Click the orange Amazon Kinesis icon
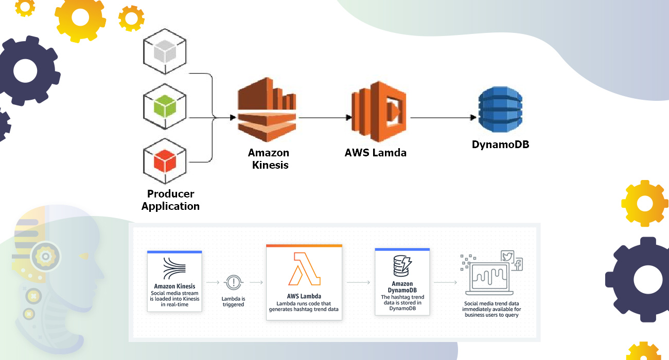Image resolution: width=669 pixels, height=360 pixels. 267,115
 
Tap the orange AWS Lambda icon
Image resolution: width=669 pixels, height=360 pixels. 379,112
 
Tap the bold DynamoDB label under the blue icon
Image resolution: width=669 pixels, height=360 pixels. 500,145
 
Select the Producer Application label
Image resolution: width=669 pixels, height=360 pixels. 170,200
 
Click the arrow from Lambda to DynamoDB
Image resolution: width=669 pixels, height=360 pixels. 443,118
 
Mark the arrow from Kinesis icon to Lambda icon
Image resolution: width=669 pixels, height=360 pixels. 323,118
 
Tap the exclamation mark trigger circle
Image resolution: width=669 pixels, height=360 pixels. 234,282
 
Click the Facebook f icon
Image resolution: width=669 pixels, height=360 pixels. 517,265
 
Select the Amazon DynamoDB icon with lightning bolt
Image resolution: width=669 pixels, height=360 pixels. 401,266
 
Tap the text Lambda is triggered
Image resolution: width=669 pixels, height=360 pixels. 233,301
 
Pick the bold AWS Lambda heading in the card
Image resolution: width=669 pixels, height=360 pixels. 304,297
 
